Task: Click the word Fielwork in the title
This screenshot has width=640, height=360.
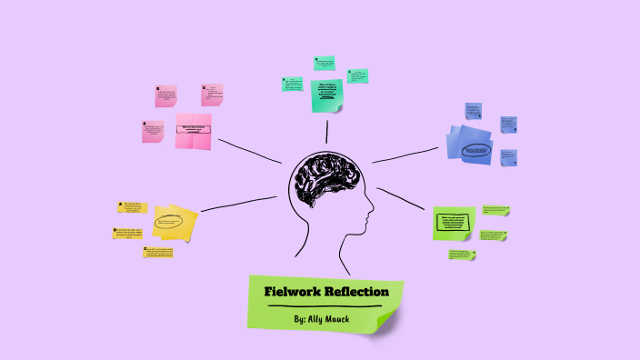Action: [290, 292]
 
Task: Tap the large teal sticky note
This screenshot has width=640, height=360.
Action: [327, 95]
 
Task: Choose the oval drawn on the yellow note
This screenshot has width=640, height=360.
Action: [171, 221]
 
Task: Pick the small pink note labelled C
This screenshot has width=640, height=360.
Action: [212, 95]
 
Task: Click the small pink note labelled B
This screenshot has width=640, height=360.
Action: [166, 96]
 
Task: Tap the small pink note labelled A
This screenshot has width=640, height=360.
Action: [153, 132]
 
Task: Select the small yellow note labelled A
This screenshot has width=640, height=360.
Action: [132, 207]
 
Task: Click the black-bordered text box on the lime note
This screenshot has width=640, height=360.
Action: [455, 223]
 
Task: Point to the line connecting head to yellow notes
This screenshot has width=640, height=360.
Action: [238, 204]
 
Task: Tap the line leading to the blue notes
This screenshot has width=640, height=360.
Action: [405, 155]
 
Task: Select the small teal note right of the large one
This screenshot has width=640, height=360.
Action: [358, 75]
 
